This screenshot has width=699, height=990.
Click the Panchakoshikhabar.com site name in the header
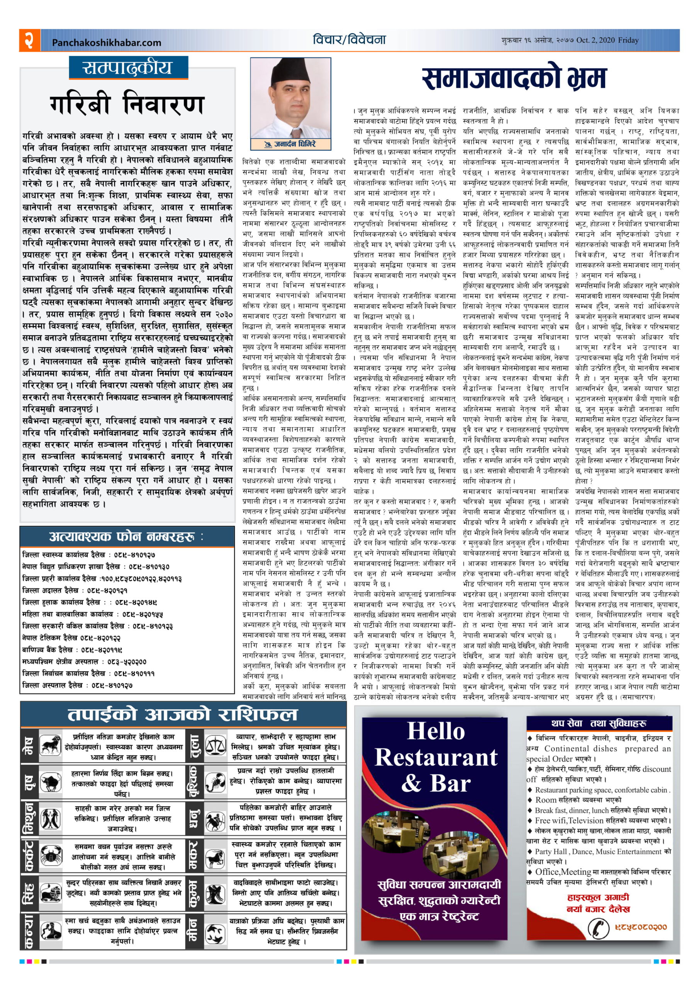(x=106, y=42)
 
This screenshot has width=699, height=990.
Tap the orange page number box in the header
(x=29, y=40)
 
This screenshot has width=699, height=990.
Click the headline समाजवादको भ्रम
(x=513, y=79)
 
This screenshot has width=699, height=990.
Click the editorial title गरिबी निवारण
(x=127, y=105)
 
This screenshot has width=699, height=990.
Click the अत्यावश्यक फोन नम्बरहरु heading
(x=126, y=537)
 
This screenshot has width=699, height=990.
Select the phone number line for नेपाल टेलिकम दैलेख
(x=71, y=637)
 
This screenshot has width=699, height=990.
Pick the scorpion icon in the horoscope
(x=215, y=783)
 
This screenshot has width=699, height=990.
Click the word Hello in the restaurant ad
(x=436, y=731)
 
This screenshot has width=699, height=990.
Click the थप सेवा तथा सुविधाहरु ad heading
(x=599, y=723)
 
